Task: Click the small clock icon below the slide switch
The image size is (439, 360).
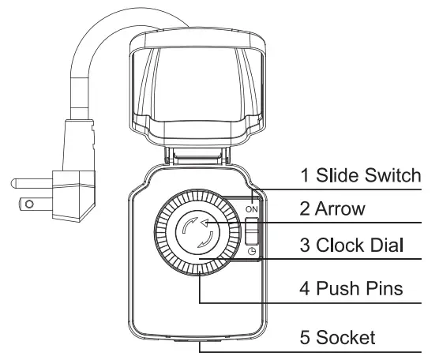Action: pos(252,252)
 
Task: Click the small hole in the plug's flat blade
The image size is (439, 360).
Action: pos(30,203)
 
